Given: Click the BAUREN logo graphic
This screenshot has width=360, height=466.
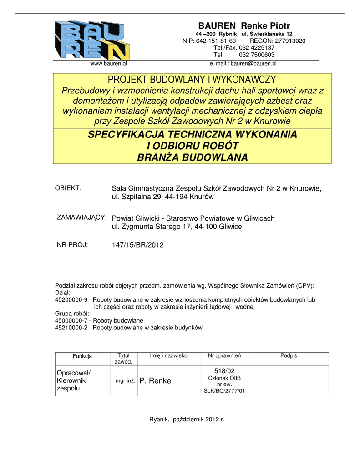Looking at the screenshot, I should [x=92, y=40].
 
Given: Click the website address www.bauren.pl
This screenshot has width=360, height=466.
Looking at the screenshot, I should [x=108, y=64].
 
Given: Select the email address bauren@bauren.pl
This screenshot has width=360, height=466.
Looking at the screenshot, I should [x=254, y=64].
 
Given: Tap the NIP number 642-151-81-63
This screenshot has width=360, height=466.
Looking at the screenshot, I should [x=216, y=41].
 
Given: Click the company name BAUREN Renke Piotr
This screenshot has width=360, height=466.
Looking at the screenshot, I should [x=244, y=26].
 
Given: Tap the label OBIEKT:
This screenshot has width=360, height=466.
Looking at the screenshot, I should [x=68, y=188].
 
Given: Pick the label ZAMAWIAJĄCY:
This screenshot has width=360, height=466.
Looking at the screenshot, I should [x=81, y=217].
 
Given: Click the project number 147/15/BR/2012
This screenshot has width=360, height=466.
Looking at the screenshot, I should [x=137, y=245].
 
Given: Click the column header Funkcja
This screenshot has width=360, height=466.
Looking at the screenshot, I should [x=82, y=356].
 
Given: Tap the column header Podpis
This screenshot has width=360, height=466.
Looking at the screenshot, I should [x=289, y=355].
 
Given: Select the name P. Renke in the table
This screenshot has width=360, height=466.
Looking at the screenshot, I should [x=155, y=381].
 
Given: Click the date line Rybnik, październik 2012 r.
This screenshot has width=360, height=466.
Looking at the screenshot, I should [x=187, y=419].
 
